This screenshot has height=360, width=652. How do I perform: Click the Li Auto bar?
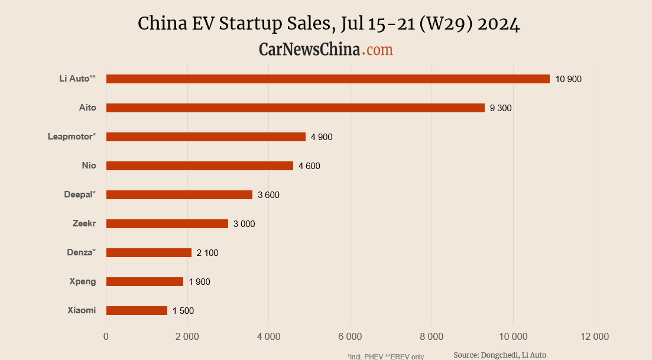[327, 79]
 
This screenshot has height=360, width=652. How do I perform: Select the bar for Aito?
[295, 108]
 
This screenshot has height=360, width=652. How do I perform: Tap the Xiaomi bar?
[137, 310]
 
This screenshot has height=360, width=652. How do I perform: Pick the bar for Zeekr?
[167, 223]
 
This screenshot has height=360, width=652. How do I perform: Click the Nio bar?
[199, 166]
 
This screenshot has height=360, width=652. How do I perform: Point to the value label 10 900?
[568, 79]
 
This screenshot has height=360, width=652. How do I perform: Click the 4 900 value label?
[322, 137]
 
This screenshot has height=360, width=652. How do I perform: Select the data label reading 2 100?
[207, 253]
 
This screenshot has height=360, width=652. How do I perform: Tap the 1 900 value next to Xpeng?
[199, 282]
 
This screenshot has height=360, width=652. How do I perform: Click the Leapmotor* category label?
[72, 137]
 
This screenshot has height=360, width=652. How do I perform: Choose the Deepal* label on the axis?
[80, 194]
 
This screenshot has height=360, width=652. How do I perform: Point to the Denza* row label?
[81, 252]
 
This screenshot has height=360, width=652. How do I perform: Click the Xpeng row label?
[83, 281]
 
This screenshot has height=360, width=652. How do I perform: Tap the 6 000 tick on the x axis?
[350, 337]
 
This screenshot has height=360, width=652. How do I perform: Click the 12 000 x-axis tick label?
[594, 337]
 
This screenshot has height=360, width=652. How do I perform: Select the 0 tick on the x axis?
[106, 337]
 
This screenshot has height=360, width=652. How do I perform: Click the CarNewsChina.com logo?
[326, 50]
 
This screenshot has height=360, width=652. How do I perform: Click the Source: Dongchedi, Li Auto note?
[499, 355]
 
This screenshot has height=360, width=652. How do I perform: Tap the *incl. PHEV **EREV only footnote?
[385, 356]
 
